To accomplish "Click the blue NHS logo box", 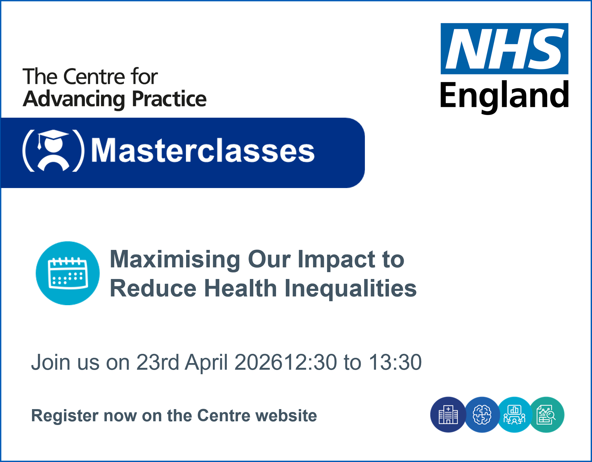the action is pos(504,49).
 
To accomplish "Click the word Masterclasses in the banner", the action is pos(203,150).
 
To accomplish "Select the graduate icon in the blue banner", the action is pos(53,150).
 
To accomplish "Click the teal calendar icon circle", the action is pos(68,273).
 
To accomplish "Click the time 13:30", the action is pos(395,362).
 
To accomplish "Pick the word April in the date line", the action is pos(206,363).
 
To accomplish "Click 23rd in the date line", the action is pos(158,362).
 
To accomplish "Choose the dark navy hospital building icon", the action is pos(448,415).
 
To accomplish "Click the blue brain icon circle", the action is pos(482,415).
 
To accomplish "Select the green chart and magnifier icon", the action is pos(547,415).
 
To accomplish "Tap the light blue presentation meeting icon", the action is pos(514,415).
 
